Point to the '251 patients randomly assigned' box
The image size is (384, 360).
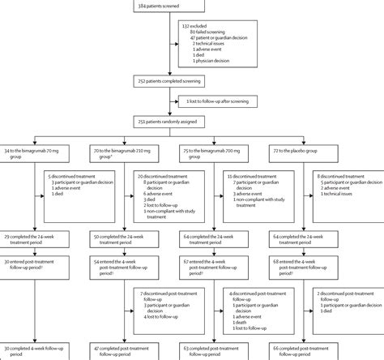(191, 120)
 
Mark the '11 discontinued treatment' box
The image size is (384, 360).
(258, 196)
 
